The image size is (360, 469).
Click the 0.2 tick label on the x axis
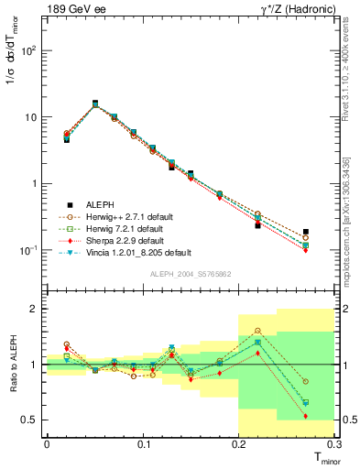[x=239, y=444]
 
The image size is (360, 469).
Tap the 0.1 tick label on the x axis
[x=143, y=444]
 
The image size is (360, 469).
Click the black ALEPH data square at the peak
[x=95, y=104]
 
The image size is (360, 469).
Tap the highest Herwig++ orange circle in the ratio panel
[x=257, y=331]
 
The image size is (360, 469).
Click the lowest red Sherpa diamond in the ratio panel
[x=306, y=416]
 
